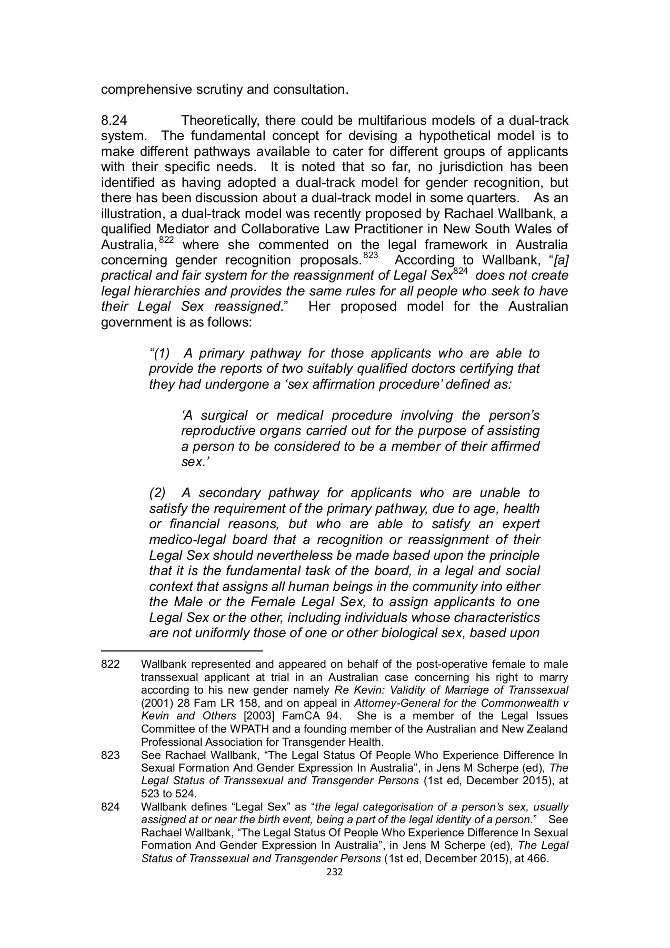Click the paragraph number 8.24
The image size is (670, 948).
tap(111, 121)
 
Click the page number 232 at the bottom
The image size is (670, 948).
tap(335, 872)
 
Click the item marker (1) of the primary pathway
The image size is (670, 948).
tap(160, 353)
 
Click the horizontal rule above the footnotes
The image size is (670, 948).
tap(181, 651)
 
